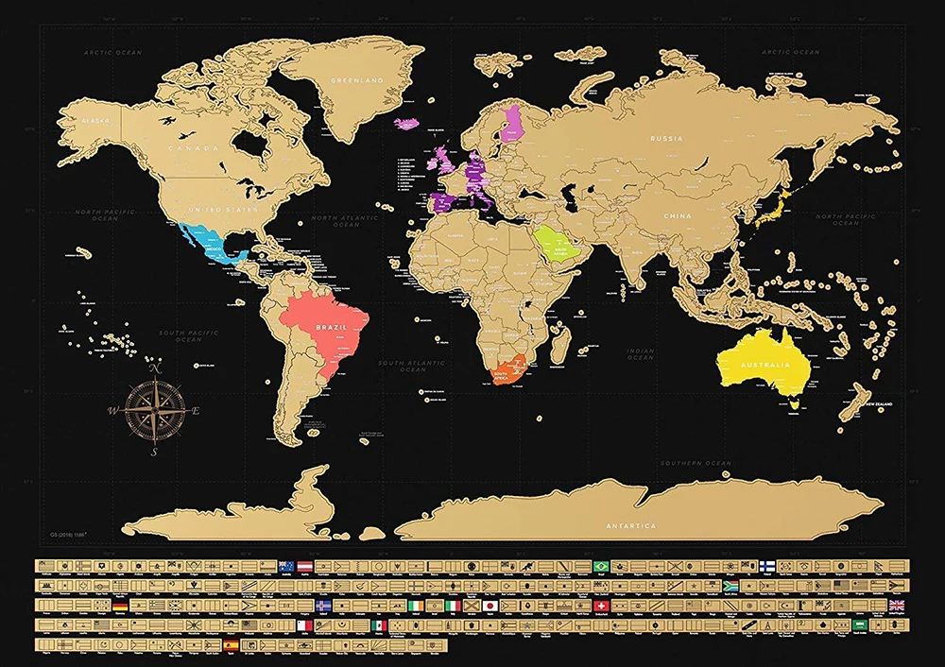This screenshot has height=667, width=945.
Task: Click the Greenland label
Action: (x=356, y=81)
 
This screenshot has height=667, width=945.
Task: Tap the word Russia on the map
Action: (x=666, y=138)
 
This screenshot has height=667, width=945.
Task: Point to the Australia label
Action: (x=765, y=365)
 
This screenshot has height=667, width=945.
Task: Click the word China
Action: (x=677, y=216)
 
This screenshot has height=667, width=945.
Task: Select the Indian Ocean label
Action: (x=641, y=354)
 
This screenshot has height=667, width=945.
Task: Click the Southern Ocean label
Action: (x=696, y=463)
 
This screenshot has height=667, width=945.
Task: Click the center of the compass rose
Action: (x=154, y=411)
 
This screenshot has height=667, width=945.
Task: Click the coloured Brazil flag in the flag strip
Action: (x=600, y=566)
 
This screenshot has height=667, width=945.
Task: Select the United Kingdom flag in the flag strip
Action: (x=895, y=606)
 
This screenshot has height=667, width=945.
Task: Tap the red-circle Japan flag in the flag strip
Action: (x=490, y=606)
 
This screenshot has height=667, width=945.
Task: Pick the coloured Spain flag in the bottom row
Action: (x=232, y=644)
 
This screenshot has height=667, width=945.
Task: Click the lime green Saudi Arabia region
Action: (x=556, y=243)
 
